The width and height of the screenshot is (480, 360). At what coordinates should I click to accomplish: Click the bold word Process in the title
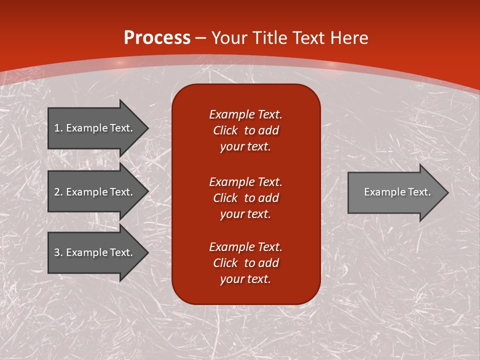coord(157,38)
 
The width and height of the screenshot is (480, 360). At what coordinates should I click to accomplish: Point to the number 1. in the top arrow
coord(58,128)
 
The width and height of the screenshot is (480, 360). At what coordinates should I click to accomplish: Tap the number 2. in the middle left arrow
coord(58,192)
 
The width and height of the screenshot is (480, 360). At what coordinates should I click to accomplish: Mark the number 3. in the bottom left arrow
coord(58,252)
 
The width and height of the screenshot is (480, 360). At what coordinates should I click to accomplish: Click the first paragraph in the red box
coord(245,130)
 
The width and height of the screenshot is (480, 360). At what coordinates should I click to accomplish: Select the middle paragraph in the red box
coord(245,198)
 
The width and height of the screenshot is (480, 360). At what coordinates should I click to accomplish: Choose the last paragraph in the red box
coord(245,263)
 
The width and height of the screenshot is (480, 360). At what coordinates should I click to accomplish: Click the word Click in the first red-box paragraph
coord(225,130)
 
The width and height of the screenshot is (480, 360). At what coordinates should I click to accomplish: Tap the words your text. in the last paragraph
coord(245,279)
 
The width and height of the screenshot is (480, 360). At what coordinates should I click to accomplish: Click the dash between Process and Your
coord(201,38)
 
